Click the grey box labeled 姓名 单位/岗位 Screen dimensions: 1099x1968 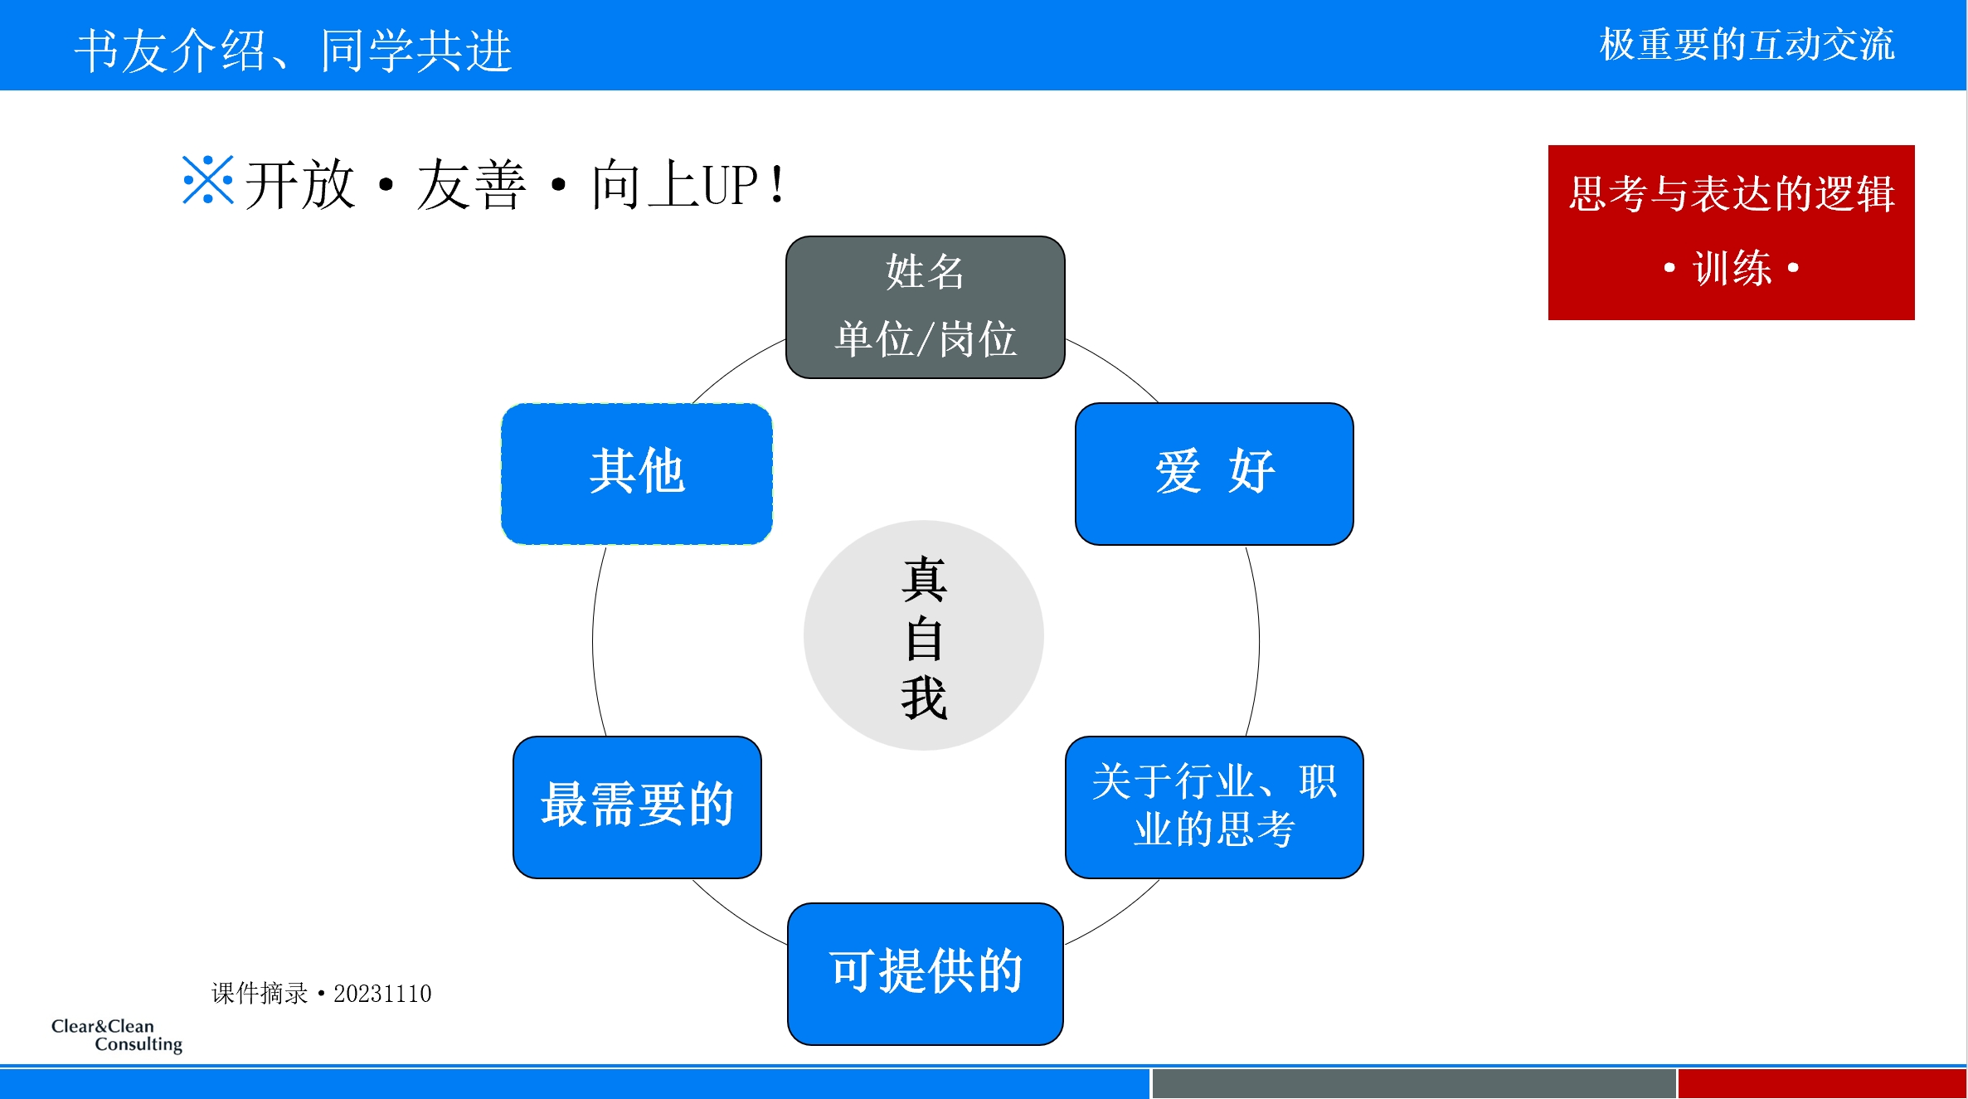point(925,307)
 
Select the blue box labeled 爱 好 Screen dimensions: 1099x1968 point(1214,474)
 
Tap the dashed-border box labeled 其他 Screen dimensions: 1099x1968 point(637,474)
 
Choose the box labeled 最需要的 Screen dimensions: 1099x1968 point(637,806)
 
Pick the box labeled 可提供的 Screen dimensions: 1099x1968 point(925,973)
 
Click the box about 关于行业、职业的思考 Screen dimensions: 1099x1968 point(1214,806)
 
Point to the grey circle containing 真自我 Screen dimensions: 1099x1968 point(923,635)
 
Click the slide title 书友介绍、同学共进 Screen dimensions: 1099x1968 point(294,50)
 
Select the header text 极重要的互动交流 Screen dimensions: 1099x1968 point(1747,45)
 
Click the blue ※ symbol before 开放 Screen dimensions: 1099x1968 point(207,180)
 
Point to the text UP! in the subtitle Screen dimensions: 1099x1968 point(743,185)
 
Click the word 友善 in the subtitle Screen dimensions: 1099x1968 point(471,185)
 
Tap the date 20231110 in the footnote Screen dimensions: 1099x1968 point(382,993)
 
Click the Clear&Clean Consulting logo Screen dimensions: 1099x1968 point(117,1035)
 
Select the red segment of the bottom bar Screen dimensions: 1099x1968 point(1821,1084)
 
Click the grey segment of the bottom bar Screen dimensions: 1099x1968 point(1413,1084)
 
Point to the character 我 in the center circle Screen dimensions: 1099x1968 point(924,698)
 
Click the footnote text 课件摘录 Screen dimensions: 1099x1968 point(260,993)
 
